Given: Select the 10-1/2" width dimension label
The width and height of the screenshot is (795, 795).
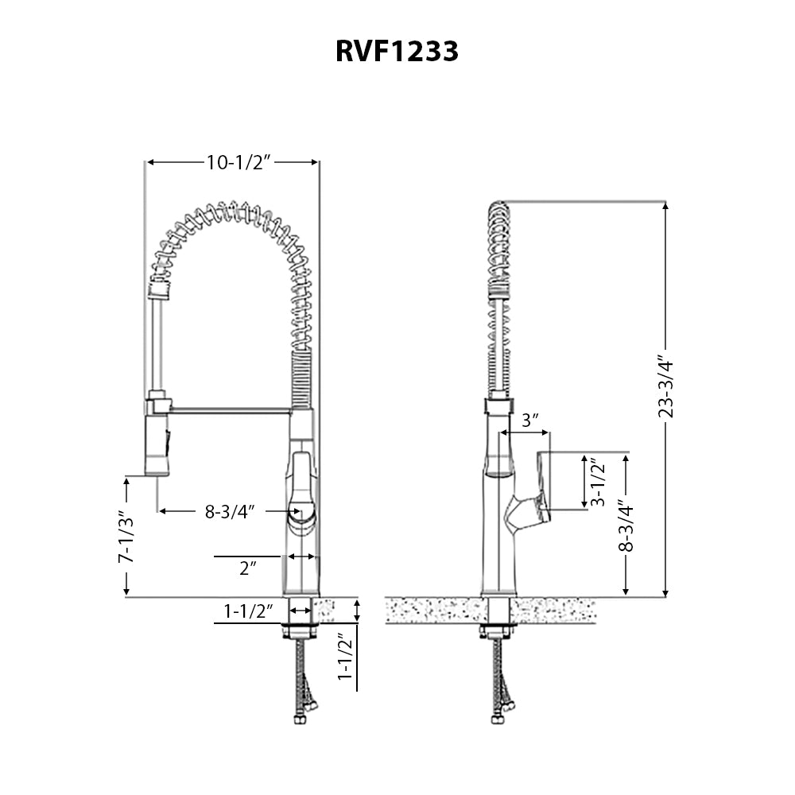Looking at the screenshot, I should point(239,162).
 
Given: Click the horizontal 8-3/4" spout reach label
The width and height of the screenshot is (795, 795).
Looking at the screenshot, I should point(229,511).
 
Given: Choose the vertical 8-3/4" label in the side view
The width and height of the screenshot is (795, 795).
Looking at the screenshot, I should point(626,525).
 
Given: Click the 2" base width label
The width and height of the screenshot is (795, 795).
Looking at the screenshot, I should point(247,568).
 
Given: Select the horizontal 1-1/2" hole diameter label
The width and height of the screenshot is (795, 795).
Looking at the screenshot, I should point(248,611).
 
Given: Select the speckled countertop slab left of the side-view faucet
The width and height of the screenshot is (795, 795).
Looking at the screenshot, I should point(433,611).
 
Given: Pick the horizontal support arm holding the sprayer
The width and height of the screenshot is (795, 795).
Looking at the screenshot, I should point(229,410).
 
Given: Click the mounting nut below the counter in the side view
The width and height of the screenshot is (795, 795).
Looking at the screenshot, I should point(498,632).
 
